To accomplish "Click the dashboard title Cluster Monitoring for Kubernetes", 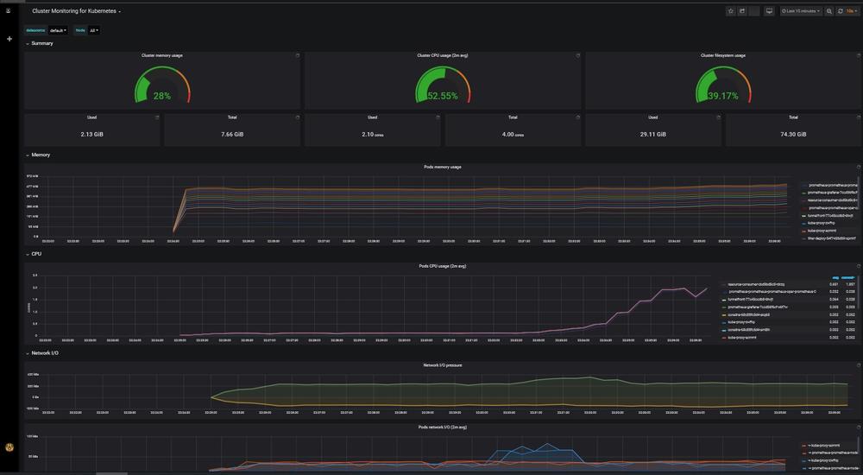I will pyautogui.click(x=75, y=11).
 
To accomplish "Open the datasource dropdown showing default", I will pyautogui.click(x=58, y=30).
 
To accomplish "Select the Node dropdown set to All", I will pyautogui.click(x=94, y=30).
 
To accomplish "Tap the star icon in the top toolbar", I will pyautogui.click(x=730, y=11).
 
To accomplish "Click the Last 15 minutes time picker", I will pyautogui.click(x=801, y=11).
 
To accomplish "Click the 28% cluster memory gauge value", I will pyautogui.click(x=162, y=96).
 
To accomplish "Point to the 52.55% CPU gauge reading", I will pyautogui.click(x=443, y=96).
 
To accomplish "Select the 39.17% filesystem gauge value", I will pyautogui.click(x=723, y=96).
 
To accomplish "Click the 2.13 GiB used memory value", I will pyautogui.click(x=92, y=134).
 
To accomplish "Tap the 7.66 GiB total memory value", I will pyautogui.click(x=232, y=134).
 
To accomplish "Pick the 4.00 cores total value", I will pyautogui.click(x=513, y=134).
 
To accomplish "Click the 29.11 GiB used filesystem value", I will pyautogui.click(x=652, y=134).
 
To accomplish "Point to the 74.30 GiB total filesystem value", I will pyautogui.click(x=793, y=134).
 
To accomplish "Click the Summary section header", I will pyautogui.click(x=41, y=43).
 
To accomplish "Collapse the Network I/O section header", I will pyautogui.click(x=45, y=353).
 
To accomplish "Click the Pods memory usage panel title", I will pyautogui.click(x=442, y=167).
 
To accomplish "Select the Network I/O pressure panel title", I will pyautogui.click(x=442, y=365).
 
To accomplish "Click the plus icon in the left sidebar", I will pyautogui.click(x=9, y=39).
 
